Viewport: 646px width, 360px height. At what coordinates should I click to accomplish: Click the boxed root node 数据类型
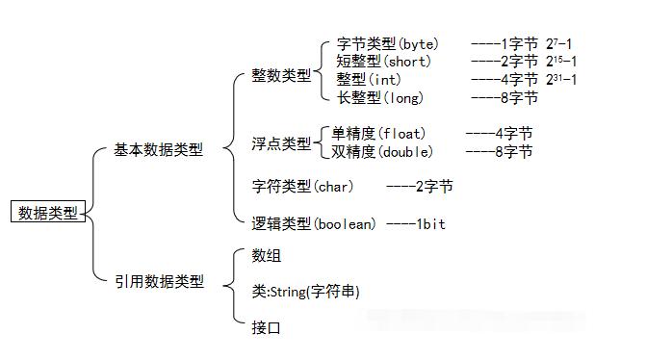pos(48,212)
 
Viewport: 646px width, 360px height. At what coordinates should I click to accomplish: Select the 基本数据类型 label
pos(159,150)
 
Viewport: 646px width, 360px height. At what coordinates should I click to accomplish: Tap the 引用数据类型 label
pos(159,281)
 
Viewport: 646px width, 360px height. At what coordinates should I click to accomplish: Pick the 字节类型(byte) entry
pos(387,44)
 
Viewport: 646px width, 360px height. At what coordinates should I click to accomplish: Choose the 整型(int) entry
pos(371,79)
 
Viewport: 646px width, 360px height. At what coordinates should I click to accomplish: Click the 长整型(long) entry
pos(379,97)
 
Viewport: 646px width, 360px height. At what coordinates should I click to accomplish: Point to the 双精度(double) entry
pos(382,151)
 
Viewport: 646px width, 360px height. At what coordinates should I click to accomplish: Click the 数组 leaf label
pos(267,255)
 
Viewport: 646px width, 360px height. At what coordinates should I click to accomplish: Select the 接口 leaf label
pos(267,327)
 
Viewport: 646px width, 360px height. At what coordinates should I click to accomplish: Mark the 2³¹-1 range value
pos(560,79)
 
